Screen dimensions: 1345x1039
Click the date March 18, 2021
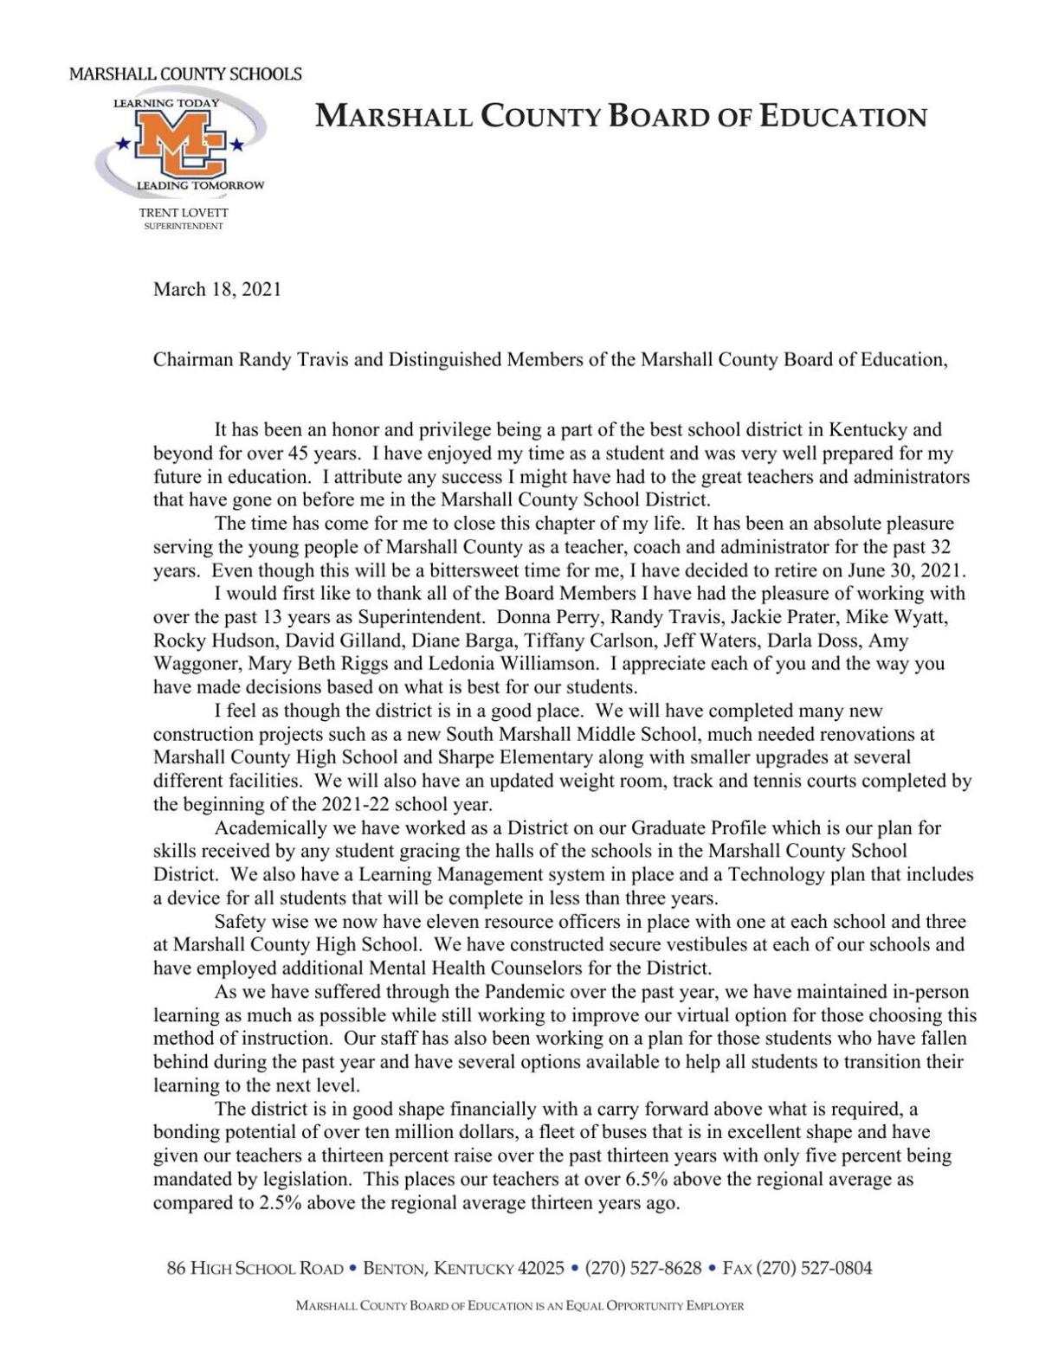click(216, 289)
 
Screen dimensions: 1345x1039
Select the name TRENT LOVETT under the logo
click(184, 212)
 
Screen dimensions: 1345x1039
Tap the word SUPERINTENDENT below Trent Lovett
click(184, 226)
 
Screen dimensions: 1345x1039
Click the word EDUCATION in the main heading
click(843, 116)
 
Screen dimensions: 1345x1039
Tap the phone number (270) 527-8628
click(643, 1269)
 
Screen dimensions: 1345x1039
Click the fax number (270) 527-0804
click(814, 1269)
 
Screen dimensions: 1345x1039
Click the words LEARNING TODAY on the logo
click(165, 103)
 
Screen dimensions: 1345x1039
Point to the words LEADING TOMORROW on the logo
click(200, 186)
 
